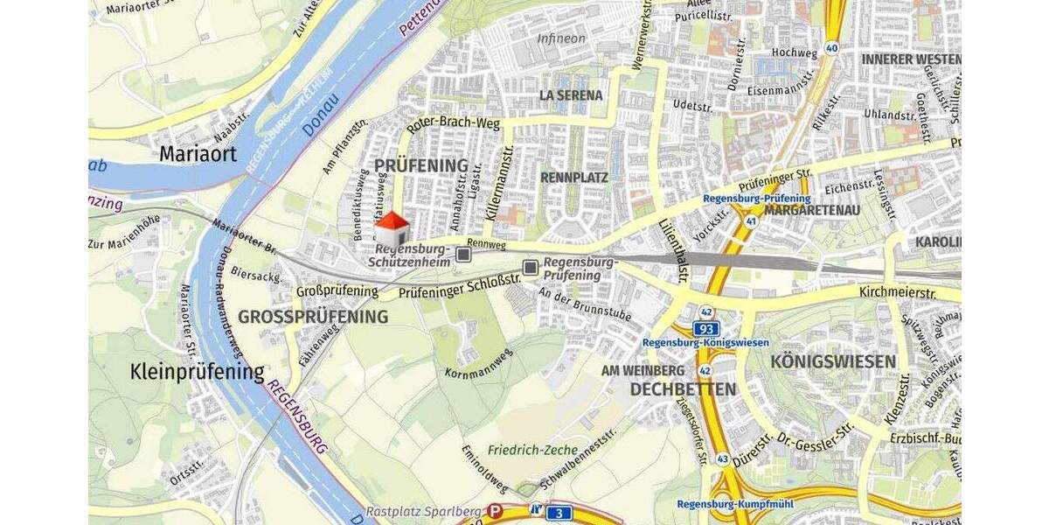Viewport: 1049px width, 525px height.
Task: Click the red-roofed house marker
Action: pos(393,230)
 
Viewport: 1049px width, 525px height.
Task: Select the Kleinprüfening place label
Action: pos(197,372)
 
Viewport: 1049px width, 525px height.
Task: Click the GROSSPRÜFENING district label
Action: pos(313,317)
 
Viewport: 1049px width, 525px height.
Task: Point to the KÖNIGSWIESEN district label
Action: pos(833,361)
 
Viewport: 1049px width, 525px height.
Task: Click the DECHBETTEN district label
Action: pos(683,388)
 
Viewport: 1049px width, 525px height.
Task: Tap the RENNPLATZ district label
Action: pos(574,178)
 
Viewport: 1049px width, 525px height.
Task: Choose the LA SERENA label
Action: pos(571,94)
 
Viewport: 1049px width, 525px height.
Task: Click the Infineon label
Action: pos(561,38)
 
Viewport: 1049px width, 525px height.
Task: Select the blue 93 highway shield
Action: pos(706,328)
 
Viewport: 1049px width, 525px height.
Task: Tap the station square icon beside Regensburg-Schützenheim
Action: pos(464,255)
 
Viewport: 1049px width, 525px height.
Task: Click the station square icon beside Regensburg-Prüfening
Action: pos(531,267)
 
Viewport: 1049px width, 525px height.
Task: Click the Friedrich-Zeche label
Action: pos(533,450)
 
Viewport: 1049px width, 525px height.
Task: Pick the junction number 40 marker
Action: pos(831,48)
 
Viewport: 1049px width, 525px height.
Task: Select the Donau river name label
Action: pos(320,121)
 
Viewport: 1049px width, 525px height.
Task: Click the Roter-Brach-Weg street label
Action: pos(453,124)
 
